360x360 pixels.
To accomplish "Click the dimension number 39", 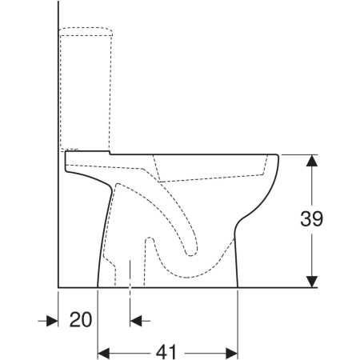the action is [x=311, y=218].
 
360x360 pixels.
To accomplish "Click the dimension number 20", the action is [x=81, y=319].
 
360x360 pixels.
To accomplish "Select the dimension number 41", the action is [x=166, y=352].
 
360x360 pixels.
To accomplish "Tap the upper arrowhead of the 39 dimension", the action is [x=311, y=161].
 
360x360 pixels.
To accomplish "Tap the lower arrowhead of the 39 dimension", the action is [x=311, y=282].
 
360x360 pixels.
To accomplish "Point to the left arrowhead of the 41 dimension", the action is [x=104, y=354].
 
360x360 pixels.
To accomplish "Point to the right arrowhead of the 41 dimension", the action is [x=231, y=354].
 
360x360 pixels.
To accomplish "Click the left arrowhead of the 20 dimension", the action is [x=52, y=321].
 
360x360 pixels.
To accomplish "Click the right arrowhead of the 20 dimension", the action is [x=136, y=321].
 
